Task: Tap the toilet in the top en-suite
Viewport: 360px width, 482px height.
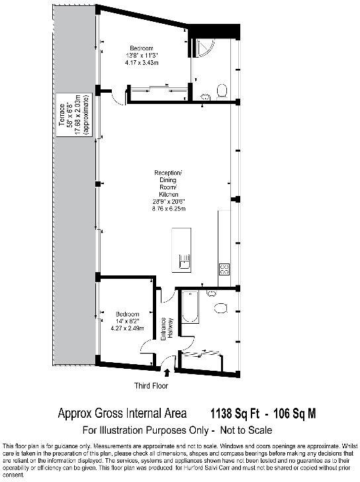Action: pyautogui.click(x=222, y=89)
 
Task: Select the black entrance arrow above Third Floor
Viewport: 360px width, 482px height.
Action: pyautogui.click(x=166, y=375)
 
